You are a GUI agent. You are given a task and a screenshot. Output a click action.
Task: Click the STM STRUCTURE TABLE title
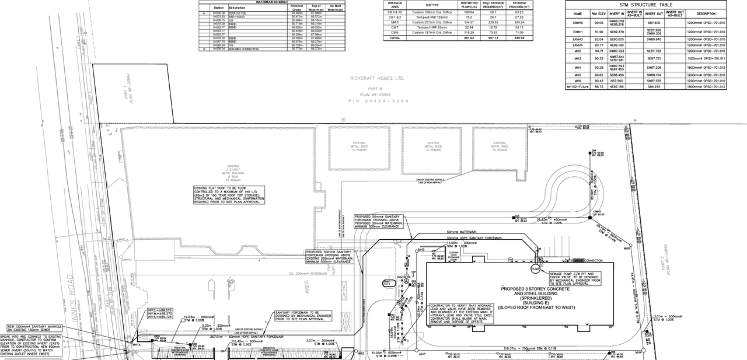tap(646, 5)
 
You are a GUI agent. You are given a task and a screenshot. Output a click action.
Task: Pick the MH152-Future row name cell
tap(577, 86)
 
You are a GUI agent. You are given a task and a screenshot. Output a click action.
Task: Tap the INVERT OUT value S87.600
tap(654, 23)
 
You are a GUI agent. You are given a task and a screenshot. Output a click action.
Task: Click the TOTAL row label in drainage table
tap(395, 38)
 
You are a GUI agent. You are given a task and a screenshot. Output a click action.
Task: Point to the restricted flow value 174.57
tap(468, 22)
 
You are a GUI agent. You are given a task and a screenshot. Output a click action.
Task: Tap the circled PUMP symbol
tap(536, 269)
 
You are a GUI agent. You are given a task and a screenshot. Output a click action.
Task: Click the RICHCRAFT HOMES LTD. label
tap(377, 78)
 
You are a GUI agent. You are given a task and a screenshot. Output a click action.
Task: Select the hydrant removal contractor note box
tap(461, 313)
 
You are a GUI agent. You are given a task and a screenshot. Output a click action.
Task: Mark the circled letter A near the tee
tap(405, 281)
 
